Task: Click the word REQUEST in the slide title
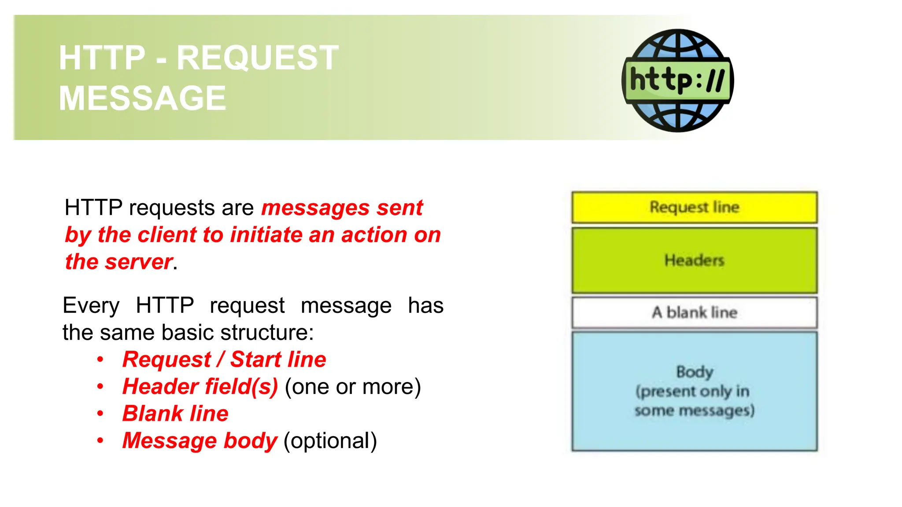tap(258, 58)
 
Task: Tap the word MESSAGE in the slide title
tap(142, 98)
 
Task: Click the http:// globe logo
tap(677, 81)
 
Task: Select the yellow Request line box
tap(694, 207)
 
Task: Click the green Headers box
tap(694, 260)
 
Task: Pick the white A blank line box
tap(694, 312)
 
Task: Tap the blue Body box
tap(694, 391)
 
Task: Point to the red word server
tap(138, 262)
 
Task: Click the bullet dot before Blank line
tap(100, 414)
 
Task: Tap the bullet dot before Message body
tap(100, 441)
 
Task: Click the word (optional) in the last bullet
tap(330, 441)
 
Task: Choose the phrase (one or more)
tap(353, 387)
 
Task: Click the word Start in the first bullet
tap(256, 360)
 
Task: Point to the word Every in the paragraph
tap(91, 305)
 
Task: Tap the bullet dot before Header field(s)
tap(100, 387)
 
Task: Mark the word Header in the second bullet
tap(160, 387)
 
